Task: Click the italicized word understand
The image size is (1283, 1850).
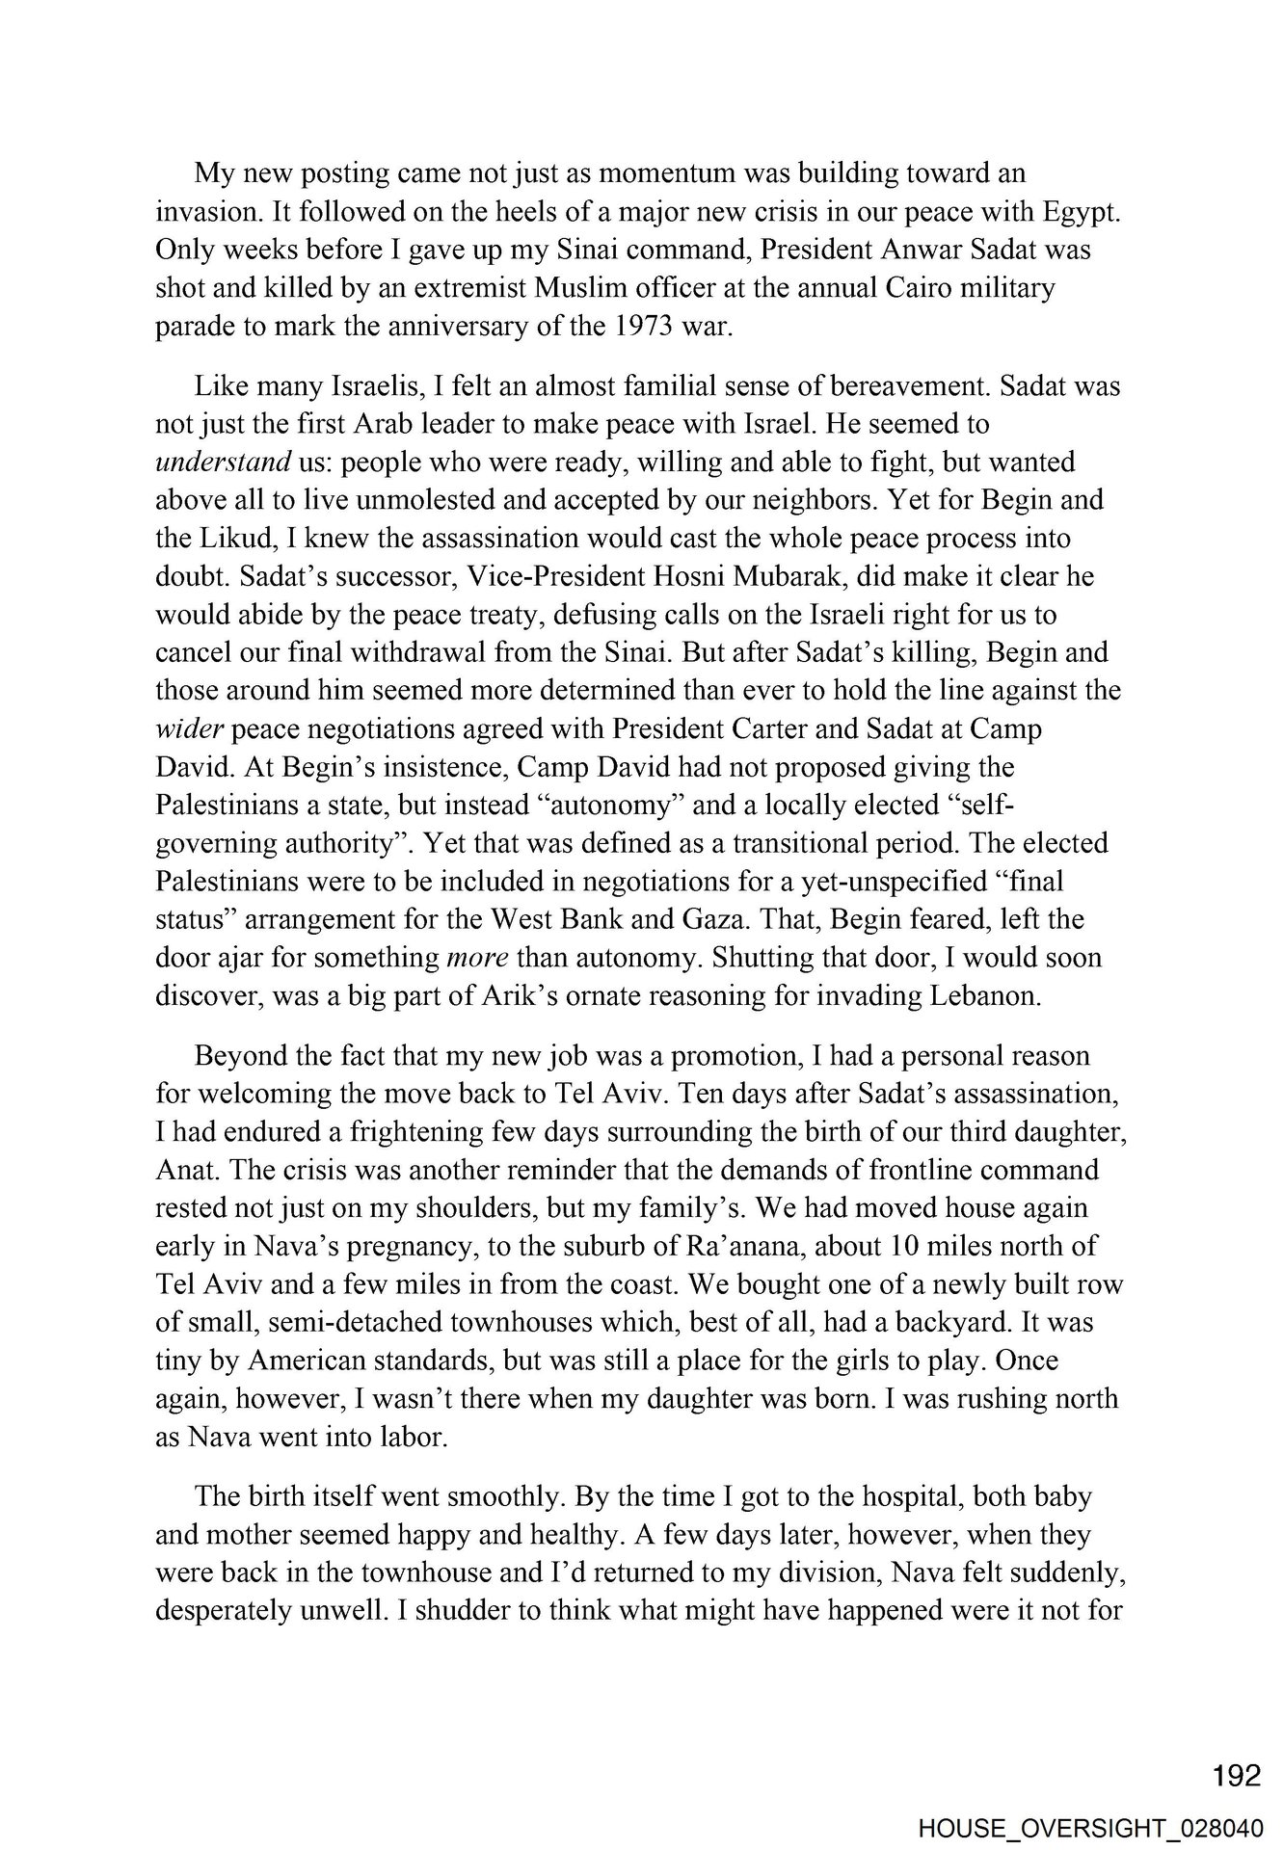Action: pos(223,462)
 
